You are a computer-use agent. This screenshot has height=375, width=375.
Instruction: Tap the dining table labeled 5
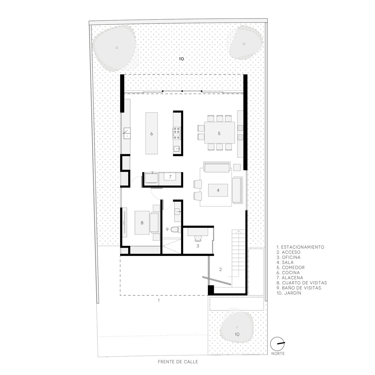point(220,133)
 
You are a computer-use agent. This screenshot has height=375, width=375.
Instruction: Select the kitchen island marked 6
point(152,133)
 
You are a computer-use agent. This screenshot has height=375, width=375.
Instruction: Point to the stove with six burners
point(177,133)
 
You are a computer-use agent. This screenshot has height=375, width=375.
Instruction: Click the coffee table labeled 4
point(218,190)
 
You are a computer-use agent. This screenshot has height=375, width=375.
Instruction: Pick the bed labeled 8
point(142,223)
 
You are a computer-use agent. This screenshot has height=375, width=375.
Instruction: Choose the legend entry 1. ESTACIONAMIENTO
point(300,247)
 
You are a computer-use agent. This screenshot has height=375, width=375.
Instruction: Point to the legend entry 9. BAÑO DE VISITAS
point(299,288)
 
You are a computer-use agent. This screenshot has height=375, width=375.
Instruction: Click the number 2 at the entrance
point(220,270)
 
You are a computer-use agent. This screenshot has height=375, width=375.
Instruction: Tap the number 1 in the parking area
point(159,300)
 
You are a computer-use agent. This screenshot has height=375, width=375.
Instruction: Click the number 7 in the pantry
point(170,177)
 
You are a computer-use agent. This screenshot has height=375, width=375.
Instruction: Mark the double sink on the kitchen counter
point(127,133)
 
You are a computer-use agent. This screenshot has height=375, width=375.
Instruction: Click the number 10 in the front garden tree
point(237,334)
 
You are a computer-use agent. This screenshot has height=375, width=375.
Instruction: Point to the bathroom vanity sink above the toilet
point(178,211)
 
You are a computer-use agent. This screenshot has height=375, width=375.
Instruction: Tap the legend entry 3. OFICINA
point(288,257)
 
